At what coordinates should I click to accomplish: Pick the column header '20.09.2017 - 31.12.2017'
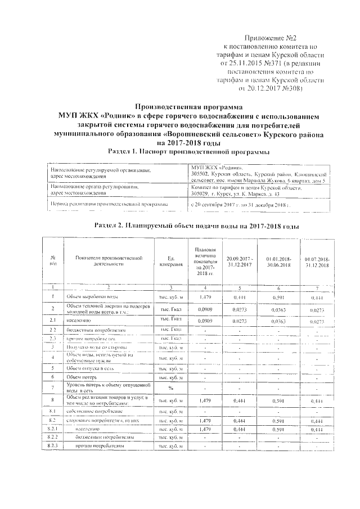[x=240, y=261]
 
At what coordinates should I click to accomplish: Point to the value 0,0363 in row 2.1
[x=278, y=321]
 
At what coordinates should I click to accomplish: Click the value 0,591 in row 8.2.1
[x=278, y=429]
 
